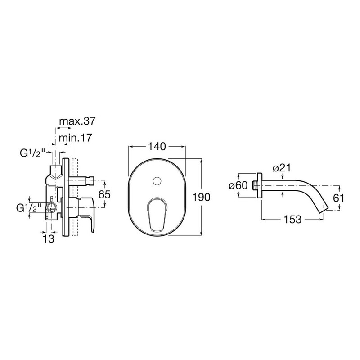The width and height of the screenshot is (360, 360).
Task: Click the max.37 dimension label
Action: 77,121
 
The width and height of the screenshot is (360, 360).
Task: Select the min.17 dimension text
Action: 76,138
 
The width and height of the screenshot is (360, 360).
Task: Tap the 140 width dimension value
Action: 157,147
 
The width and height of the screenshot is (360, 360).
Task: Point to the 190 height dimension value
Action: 201,197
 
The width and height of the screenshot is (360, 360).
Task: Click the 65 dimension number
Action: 104,195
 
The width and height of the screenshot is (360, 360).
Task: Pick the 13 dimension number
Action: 49,239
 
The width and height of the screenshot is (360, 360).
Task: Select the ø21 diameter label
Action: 282,168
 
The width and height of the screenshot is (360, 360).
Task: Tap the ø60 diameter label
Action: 238,185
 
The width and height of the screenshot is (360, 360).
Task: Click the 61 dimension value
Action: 339,198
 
